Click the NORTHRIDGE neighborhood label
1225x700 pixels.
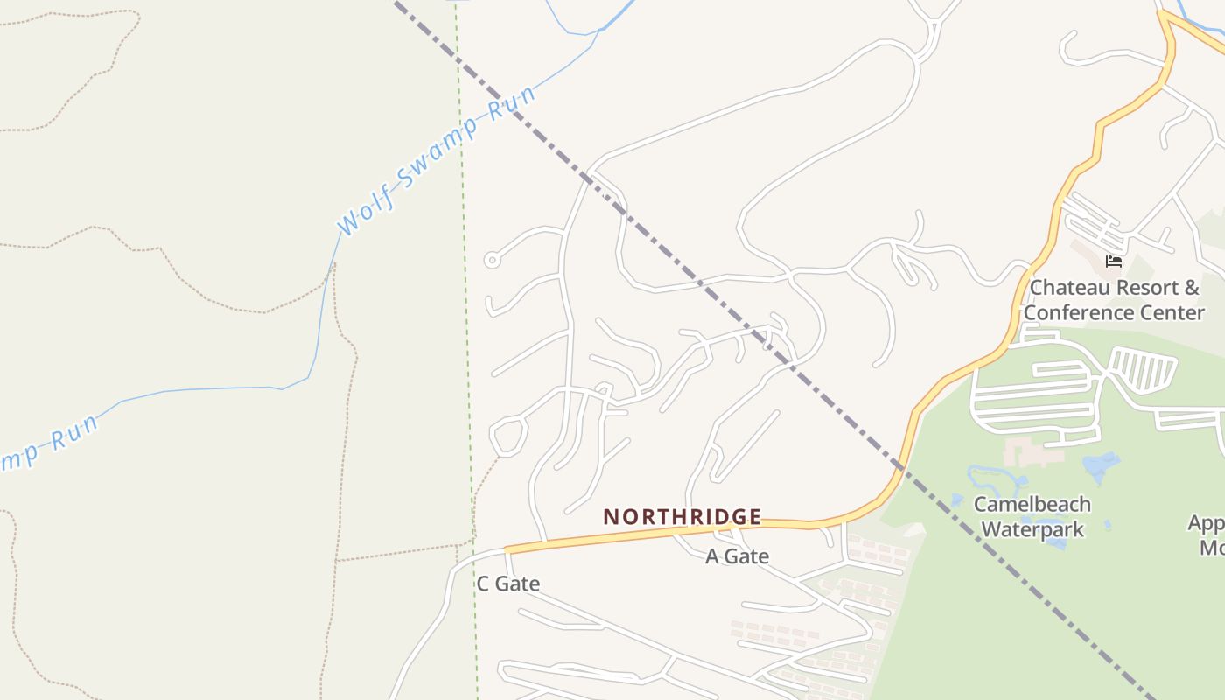[682, 517]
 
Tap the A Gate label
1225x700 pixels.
[737, 556]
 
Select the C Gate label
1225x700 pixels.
[507, 584]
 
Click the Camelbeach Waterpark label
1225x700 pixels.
[1032, 517]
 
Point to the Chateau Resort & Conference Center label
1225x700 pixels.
[1114, 300]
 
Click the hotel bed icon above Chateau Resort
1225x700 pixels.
[1114, 261]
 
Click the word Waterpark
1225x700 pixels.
[1032, 529]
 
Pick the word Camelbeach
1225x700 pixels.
[1032, 505]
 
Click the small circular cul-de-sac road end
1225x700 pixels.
[492, 260]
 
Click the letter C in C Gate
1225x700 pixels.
[483, 584]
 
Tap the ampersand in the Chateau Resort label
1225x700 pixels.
[1191, 288]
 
